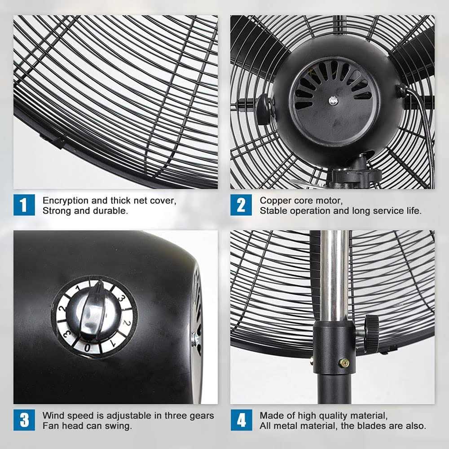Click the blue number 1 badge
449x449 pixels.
[x=24, y=205]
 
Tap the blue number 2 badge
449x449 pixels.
[x=241, y=205]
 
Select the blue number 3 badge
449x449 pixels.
[x=24, y=420]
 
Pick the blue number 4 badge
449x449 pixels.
[x=241, y=420]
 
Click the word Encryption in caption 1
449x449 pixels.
[x=64, y=200]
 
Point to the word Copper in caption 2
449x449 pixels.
[x=273, y=200]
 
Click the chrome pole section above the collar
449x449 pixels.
[x=334, y=274]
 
